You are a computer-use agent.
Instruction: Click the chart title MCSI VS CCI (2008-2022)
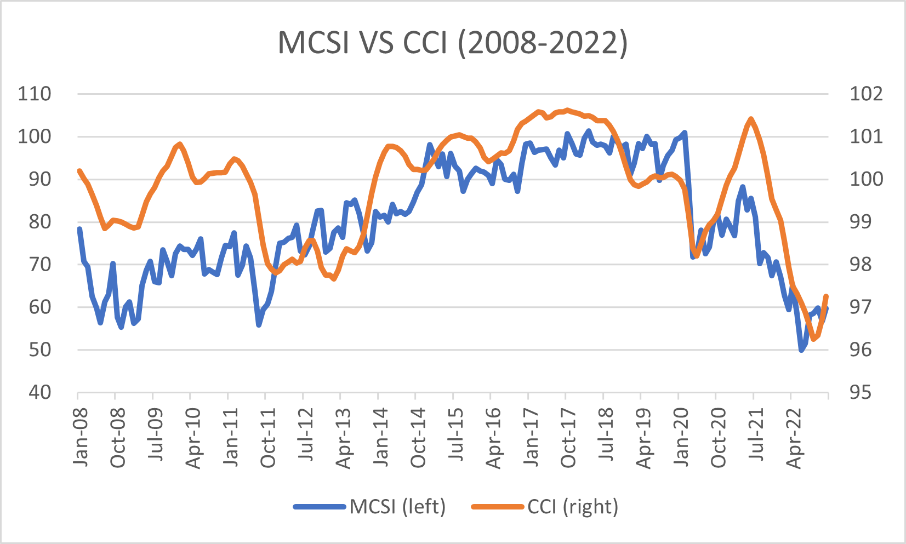453,42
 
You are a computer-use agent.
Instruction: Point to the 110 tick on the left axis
35,94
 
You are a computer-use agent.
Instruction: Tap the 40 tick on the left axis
39,392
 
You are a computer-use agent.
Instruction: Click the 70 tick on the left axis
39,264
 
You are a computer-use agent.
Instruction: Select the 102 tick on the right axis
866,94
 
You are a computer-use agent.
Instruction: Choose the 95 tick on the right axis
860,392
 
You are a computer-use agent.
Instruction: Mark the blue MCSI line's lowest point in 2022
801,350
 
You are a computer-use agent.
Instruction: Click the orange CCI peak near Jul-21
751,119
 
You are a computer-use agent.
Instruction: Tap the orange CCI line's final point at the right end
826,296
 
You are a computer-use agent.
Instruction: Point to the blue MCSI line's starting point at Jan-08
79,229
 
